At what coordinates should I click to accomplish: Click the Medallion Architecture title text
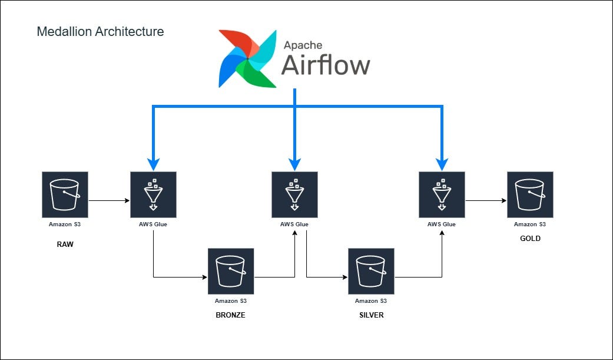[100, 32]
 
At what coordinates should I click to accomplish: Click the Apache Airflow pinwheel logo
[247, 59]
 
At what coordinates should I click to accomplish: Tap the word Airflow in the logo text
[325, 65]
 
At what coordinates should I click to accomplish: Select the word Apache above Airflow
[304, 45]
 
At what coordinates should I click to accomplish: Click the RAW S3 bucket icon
[65, 194]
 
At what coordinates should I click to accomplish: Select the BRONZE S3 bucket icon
[231, 271]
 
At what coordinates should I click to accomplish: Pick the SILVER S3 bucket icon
[371, 271]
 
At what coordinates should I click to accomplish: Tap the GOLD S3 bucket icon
[530, 194]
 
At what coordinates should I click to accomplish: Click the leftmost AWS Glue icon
[153, 194]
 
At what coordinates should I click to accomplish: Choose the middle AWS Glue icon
[294, 194]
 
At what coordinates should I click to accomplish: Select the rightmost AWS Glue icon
[442, 194]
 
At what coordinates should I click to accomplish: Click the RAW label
[65, 245]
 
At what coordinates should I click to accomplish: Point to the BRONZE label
[230, 315]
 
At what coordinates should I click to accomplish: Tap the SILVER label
[371, 315]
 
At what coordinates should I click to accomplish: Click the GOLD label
[530, 239]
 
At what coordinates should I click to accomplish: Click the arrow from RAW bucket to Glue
[109, 201]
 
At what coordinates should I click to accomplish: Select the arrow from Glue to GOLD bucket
[486, 201]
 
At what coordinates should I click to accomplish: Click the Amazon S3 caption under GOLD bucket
[530, 224]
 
